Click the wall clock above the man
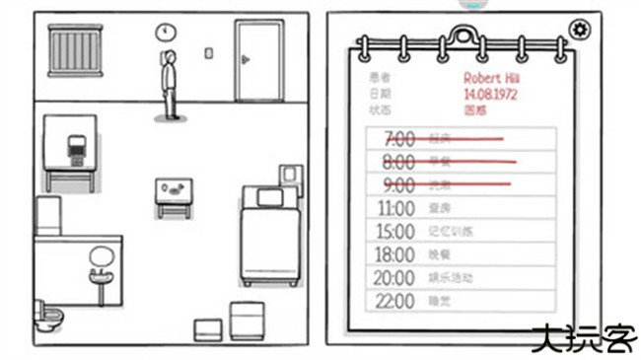pyautogui.click(x=163, y=33)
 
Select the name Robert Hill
pyautogui.click(x=493, y=77)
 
